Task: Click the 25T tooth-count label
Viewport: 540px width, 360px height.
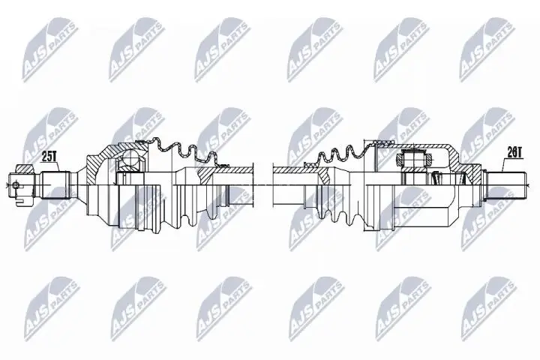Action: point(49,157)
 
